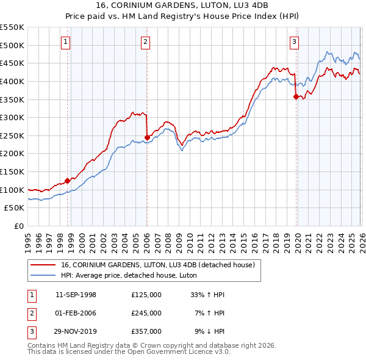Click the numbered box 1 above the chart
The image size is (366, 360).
65,42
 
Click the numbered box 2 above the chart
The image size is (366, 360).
146,42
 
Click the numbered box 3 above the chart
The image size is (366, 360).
294,42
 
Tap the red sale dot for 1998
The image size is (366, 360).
67,181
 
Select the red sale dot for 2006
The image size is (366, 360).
147,137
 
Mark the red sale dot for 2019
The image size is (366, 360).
296,96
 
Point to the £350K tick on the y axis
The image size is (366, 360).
12,99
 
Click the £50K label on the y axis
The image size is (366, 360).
15,208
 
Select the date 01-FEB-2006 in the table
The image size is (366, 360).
76,313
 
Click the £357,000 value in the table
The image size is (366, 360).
146,331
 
